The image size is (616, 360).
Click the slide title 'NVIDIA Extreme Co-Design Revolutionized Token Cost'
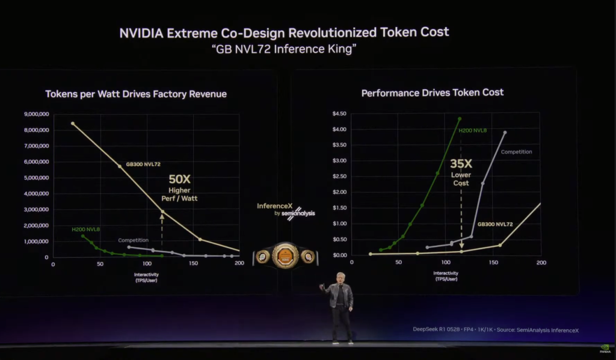tap(284, 32)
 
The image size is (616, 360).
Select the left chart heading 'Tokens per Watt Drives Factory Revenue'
tap(136, 94)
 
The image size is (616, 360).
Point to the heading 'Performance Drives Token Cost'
tap(432, 93)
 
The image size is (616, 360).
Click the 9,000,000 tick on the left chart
tap(37, 114)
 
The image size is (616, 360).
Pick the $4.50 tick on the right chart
tap(340, 114)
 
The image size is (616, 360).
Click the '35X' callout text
tap(461, 163)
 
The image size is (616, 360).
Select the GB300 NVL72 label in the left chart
tap(143, 164)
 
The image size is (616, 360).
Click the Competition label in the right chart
tap(516, 152)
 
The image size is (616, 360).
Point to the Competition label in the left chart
tap(133, 240)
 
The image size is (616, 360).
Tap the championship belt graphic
tap(285, 255)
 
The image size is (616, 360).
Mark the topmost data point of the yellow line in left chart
tap(73, 123)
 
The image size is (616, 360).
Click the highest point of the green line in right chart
tap(460, 119)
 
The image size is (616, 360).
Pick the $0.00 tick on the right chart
tap(340, 255)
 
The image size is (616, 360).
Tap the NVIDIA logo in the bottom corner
tap(604, 347)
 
